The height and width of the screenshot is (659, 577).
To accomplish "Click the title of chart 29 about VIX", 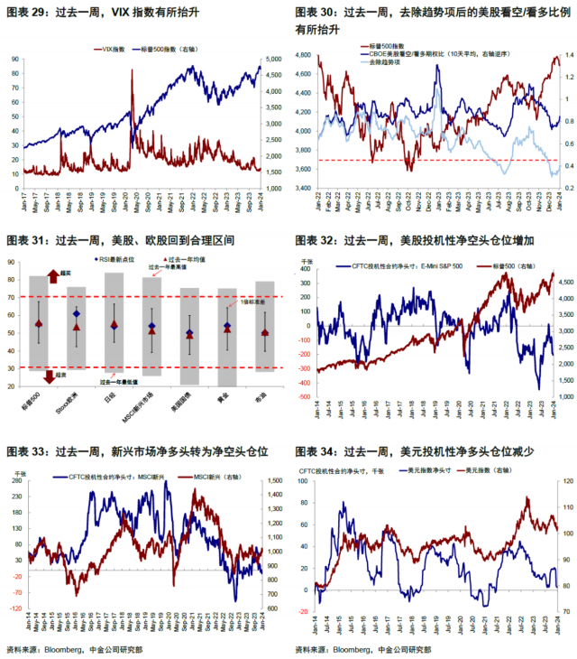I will [x=104, y=14].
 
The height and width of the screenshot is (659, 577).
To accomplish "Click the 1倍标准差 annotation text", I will [x=255, y=302].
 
